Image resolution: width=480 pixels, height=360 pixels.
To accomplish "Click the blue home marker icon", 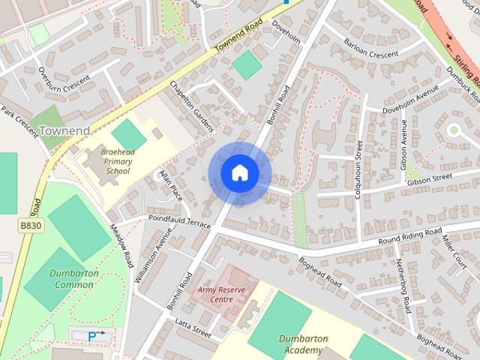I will (x=239, y=172).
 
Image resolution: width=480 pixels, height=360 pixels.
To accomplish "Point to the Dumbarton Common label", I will (x=74, y=279).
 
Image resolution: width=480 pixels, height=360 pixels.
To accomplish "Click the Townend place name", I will (x=64, y=130).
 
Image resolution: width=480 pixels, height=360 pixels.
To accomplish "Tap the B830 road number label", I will (x=30, y=225).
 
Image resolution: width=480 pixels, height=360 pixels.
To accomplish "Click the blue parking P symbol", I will (x=92, y=337).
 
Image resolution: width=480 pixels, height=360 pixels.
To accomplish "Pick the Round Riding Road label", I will (x=409, y=235).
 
